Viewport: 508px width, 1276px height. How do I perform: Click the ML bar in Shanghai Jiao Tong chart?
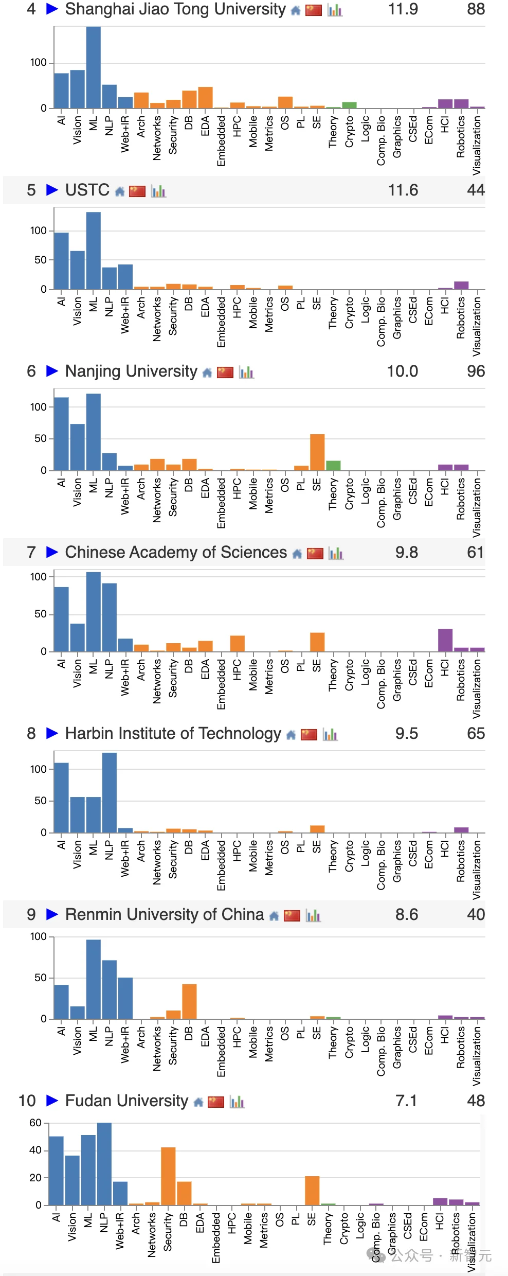(x=93, y=67)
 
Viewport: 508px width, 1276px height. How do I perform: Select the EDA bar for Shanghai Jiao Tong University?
(x=205, y=98)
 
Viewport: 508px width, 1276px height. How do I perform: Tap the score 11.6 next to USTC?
(x=403, y=190)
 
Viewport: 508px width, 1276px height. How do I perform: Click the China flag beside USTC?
(x=137, y=191)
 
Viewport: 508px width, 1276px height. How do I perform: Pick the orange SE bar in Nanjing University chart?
(x=317, y=452)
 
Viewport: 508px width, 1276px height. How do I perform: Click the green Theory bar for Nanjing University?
(x=333, y=465)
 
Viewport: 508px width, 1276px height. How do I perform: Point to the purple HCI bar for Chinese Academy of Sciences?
(x=445, y=640)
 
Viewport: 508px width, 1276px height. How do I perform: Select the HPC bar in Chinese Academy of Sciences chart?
(x=237, y=644)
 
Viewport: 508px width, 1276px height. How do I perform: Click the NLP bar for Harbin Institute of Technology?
(x=110, y=792)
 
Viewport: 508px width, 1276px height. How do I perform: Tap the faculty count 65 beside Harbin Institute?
(x=476, y=734)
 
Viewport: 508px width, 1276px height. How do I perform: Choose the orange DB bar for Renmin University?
(x=189, y=1001)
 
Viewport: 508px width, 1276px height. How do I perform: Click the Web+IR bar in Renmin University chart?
(x=125, y=998)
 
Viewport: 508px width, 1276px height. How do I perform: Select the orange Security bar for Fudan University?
(x=168, y=1176)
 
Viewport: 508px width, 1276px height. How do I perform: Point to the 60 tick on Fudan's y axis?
(x=35, y=1123)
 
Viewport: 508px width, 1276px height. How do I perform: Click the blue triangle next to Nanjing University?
(x=52, y=371)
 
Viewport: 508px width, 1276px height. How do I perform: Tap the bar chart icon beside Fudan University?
(x=237, y=1102)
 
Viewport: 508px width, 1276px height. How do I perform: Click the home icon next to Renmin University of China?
(x=274, y=916)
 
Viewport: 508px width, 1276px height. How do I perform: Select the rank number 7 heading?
(x=31, y=553)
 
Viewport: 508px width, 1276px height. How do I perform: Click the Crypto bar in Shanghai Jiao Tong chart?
(x=349, y=105)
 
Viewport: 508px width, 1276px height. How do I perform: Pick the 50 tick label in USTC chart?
(x=40, y=260)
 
